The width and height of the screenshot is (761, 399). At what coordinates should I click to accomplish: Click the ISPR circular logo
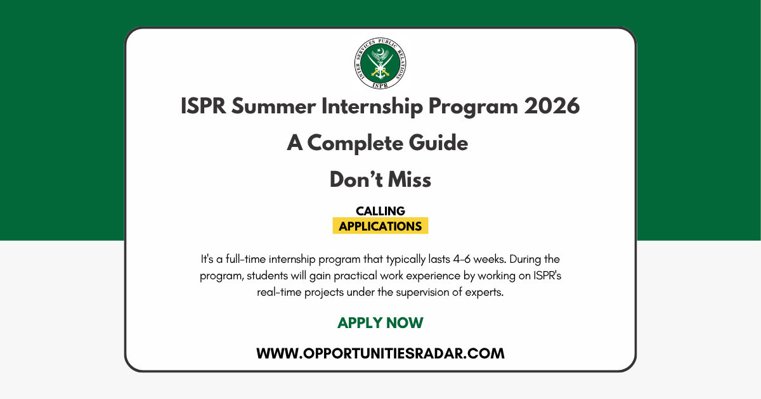[380, 63]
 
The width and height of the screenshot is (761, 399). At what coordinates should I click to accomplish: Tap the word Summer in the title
[273, 106]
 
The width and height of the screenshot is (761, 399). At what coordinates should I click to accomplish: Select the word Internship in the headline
[372, 106]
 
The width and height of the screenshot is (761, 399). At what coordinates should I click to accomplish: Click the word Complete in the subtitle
[355, 143]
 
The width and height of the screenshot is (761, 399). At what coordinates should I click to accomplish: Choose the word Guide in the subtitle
[438, 143]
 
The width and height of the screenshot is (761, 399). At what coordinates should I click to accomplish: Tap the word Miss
[410, 179]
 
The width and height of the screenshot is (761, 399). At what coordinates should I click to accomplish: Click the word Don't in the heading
[356, 179]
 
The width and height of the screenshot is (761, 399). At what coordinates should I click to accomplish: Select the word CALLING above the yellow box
[380, 211]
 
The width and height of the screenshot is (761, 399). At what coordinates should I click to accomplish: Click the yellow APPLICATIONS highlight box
[380, 225]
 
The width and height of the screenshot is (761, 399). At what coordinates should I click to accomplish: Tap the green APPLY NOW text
[380, 322]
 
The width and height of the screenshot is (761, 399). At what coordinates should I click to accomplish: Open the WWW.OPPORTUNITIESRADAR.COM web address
[380, 353]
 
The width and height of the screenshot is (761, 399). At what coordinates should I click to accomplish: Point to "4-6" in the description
[462, 259]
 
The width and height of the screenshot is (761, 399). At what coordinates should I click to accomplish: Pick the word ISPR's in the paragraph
[547, 275]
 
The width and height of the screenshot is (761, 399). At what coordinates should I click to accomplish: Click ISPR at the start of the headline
[203, 106]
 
